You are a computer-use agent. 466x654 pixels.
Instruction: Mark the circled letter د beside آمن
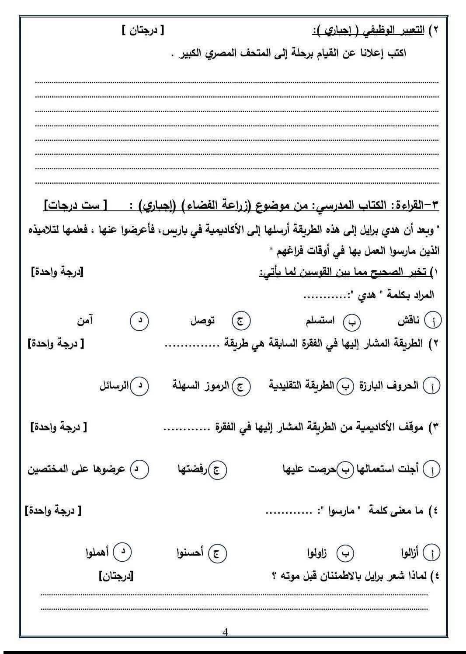(x=140, y=321)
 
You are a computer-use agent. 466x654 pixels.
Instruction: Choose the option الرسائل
(x=115, y=386)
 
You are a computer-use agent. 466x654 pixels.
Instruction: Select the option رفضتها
(x=192, y=469)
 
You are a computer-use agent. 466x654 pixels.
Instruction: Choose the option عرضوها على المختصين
(x=77, y=469)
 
